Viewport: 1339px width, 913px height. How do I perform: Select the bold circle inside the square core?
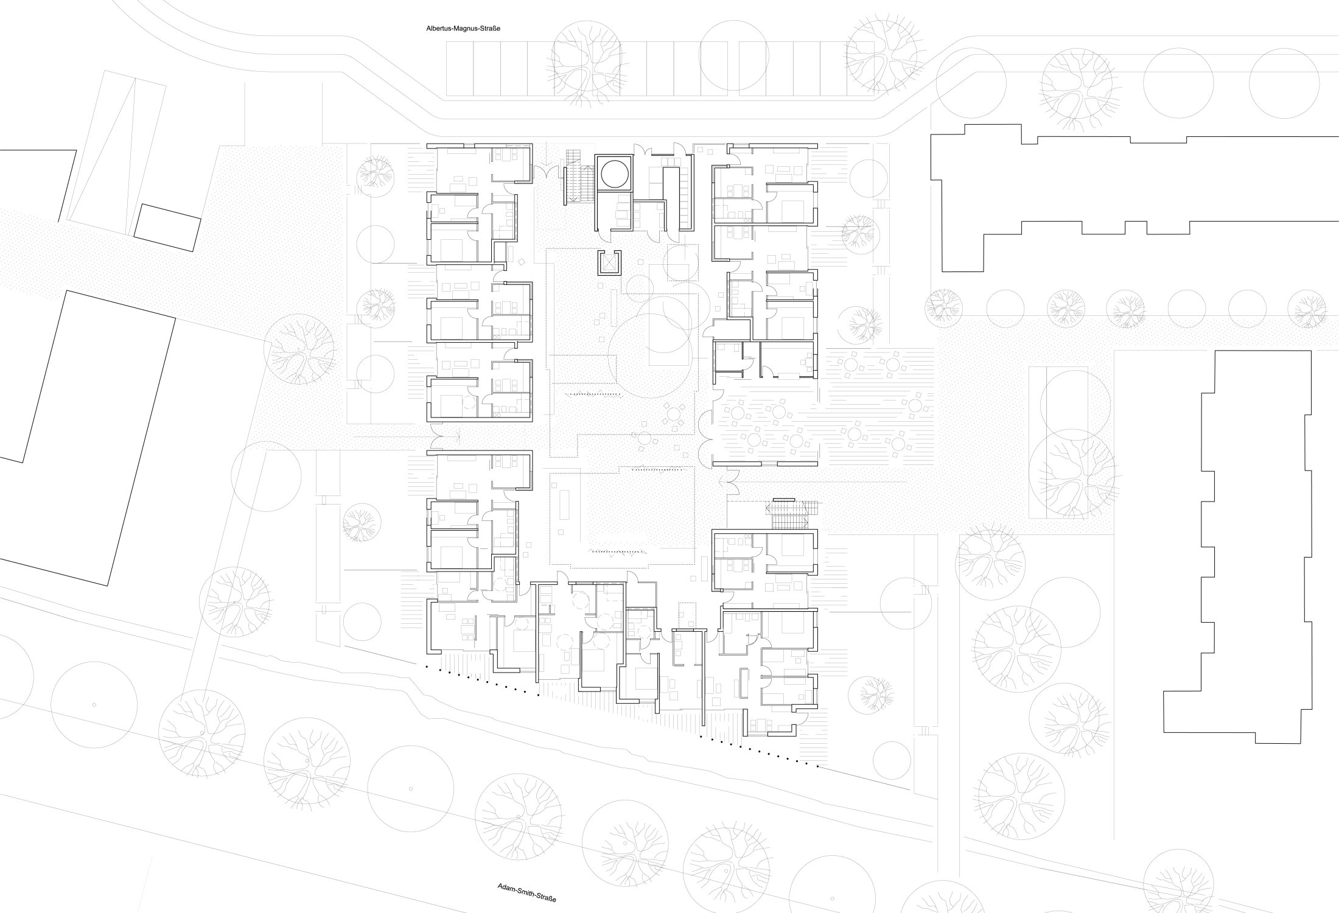click(614, 174)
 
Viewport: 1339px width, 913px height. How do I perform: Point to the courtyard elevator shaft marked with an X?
click(609, 262)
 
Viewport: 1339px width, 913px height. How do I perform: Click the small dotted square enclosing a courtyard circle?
click(682, 262)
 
